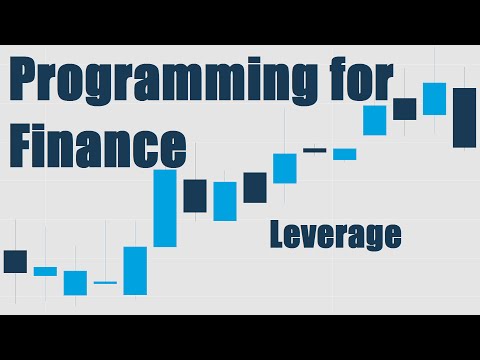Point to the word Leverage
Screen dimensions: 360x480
[x=335, y=234]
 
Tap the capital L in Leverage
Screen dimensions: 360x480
[x=276, y=234]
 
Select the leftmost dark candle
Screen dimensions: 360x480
[x=15, y=261]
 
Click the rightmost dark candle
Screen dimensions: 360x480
[x=464, y=117]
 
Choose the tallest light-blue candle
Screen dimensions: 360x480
[x=165, y=208]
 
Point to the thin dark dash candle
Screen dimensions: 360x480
[x=315, y=150]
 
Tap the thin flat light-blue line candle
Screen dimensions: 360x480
[x=105, y=283]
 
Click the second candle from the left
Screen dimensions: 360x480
[x=45, y=271]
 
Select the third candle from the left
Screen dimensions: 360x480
[x=75, y=282]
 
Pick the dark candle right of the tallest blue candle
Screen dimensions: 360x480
[x=195, y=195]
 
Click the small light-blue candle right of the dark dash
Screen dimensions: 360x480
[x=345, y=154]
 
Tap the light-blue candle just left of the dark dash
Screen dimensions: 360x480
[x=285, y=167]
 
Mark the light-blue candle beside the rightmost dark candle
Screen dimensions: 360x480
[x=434, y=98]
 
